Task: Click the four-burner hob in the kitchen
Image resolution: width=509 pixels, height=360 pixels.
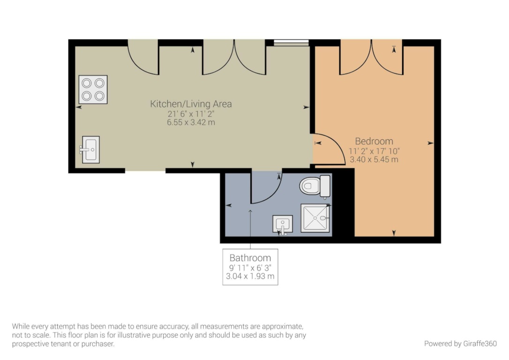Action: (93, 90)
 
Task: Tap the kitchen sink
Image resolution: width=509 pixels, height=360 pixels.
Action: (90, 150)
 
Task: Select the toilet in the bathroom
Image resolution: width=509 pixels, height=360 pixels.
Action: (315, 187)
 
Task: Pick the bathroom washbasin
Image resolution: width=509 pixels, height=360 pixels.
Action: (283, 225)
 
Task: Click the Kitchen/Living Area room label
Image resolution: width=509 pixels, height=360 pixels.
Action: (191, 104)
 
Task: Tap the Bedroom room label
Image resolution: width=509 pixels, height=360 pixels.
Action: (374, 141)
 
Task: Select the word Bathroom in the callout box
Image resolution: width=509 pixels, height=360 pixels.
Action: (250, 258)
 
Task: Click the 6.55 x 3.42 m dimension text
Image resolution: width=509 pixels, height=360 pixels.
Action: (191, 122)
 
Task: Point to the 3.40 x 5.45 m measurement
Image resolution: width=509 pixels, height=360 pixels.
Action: (374, 159)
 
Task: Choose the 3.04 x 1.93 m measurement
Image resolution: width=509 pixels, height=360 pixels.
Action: (250, 276)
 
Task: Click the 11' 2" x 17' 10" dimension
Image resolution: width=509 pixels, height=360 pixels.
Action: (374, 151)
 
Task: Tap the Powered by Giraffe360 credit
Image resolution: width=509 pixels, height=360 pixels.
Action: (460, 344)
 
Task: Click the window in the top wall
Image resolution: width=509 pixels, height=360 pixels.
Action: (291, 43)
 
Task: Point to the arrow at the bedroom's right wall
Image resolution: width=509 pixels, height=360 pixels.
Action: (430, 143)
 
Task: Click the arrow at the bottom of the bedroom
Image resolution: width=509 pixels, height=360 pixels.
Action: (394, 233)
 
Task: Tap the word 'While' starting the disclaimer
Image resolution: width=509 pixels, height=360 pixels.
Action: (21, 326)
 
